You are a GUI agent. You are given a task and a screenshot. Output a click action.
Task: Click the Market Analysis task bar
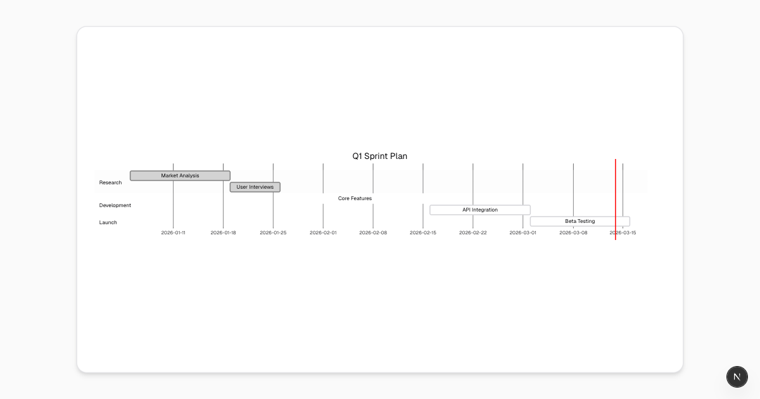[180, 176]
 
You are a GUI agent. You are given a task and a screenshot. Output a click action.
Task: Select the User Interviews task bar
[255, 187]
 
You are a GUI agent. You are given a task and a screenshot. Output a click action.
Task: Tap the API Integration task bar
[480, 210]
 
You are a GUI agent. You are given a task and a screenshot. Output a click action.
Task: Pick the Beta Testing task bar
[580, 221]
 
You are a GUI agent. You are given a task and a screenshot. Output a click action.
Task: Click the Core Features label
[355, 198]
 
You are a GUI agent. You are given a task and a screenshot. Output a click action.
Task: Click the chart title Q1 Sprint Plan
[379, 156]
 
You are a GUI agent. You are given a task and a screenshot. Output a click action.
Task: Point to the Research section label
[110, 182]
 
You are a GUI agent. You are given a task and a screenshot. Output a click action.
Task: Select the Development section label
[115, 205]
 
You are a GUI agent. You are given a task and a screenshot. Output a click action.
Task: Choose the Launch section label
[108, 222]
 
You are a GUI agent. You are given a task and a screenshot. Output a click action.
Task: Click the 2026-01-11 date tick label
[174, 233]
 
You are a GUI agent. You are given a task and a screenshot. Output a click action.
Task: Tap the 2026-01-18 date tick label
[223, 233]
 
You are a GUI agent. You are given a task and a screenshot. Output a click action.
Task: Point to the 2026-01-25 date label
[273, 233]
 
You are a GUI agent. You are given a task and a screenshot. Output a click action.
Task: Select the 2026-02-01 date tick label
[323, 233]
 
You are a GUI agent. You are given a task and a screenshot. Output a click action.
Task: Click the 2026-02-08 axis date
[373, 233]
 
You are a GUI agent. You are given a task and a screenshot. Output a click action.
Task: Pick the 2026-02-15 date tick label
[423, 233]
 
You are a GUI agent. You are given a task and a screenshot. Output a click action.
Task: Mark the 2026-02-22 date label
[473, 233]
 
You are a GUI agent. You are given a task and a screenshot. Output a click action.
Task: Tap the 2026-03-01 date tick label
[523, 233]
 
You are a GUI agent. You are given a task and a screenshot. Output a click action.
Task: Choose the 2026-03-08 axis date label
[573, 233]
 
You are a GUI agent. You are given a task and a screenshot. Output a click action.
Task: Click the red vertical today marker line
[616, 199]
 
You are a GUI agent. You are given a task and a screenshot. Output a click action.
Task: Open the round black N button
[737, 377]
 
